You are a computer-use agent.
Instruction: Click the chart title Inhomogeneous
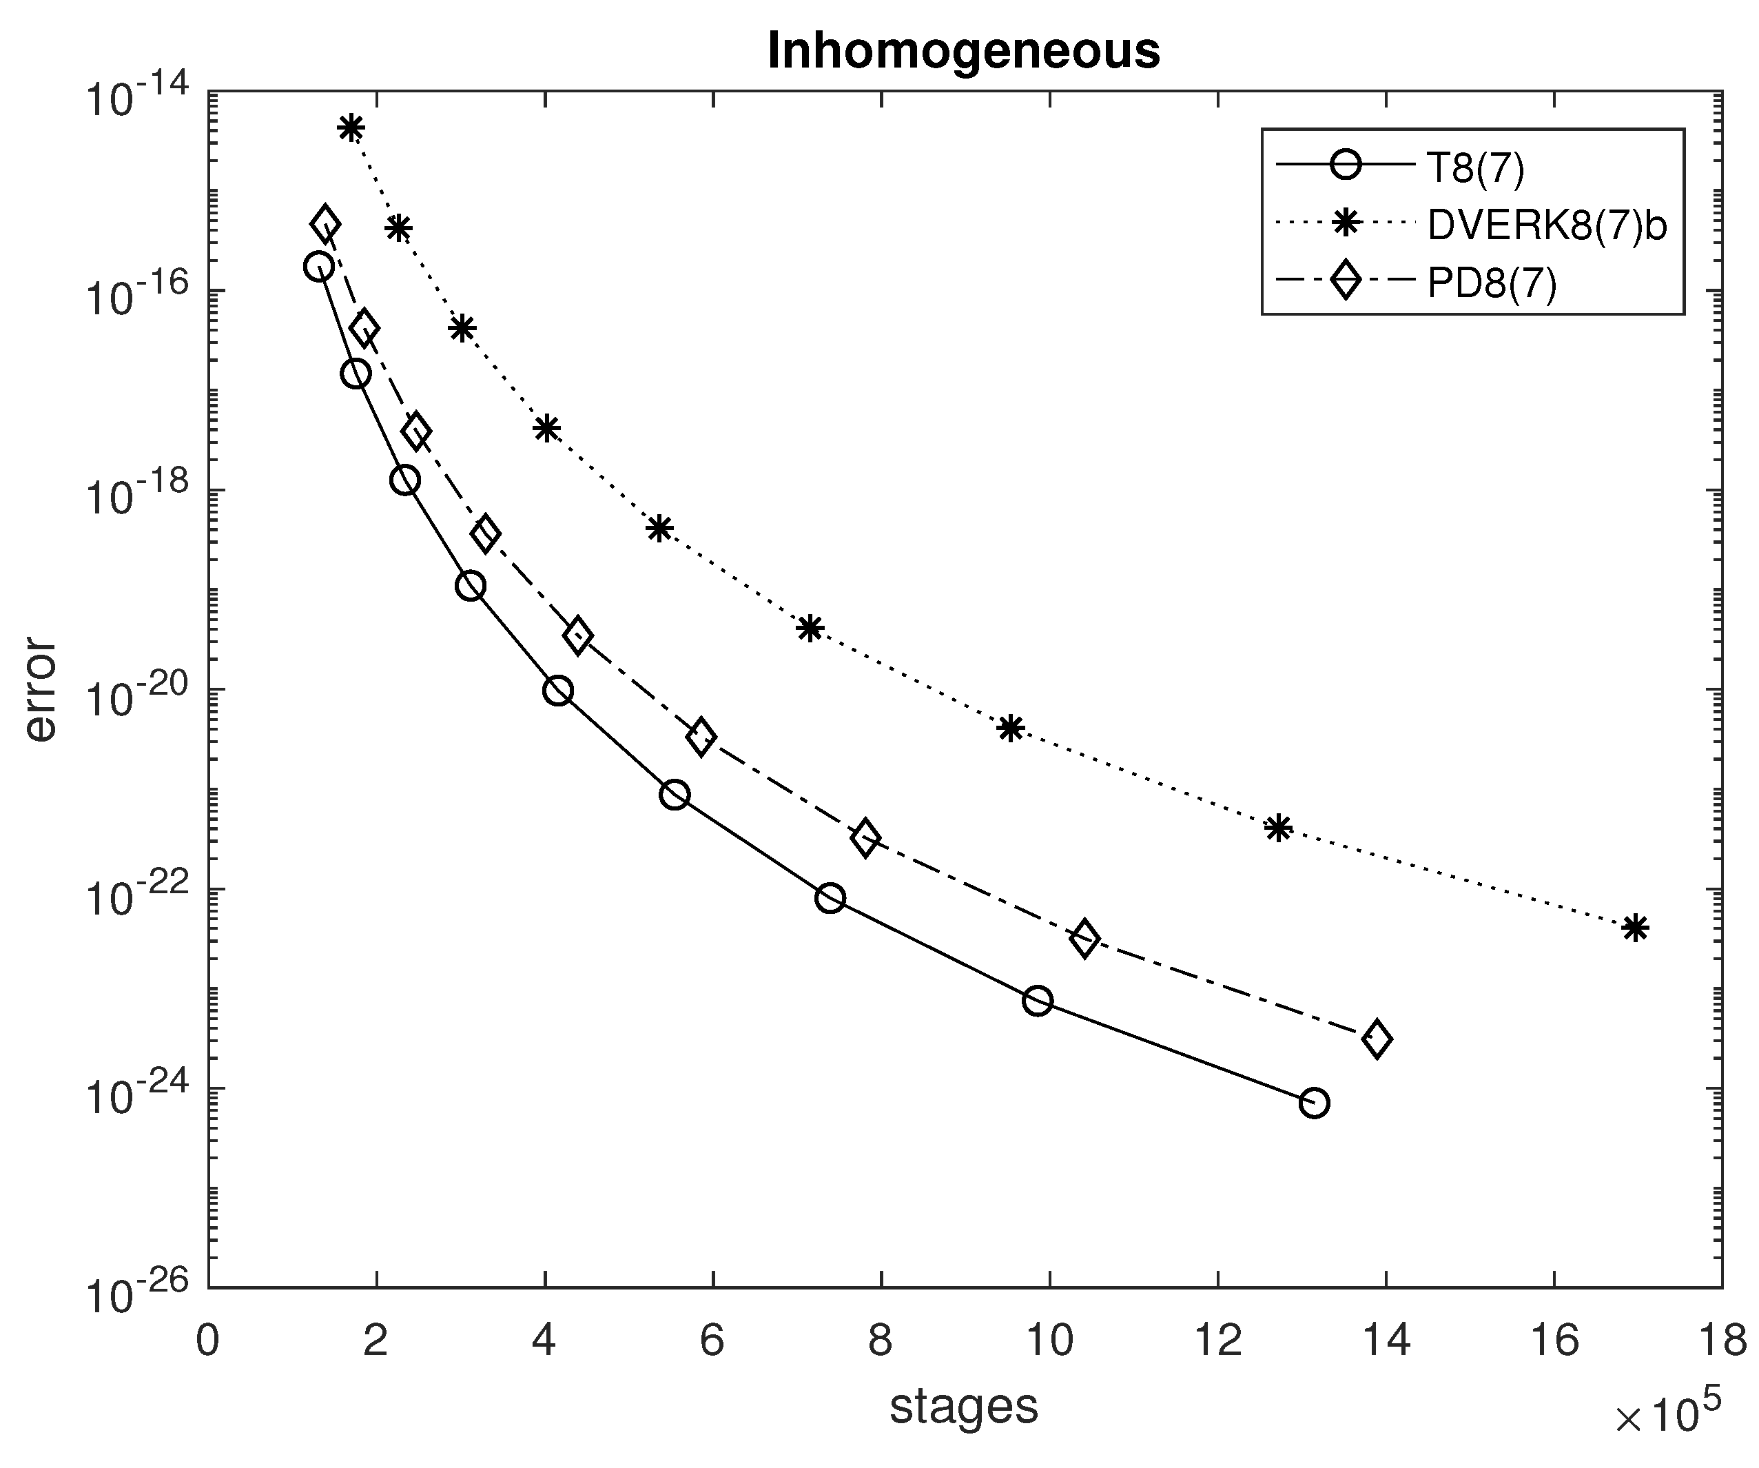963,52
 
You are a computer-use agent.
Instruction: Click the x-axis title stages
963,1407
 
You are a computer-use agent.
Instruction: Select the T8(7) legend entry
1475,167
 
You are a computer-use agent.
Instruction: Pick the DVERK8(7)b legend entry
1546,225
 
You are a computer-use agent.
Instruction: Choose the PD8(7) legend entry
1491,284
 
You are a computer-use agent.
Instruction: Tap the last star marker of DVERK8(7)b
1635,928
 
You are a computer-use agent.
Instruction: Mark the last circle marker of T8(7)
1314,1103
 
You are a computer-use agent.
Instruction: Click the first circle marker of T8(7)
318,267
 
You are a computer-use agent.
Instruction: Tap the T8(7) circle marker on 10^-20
558,691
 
